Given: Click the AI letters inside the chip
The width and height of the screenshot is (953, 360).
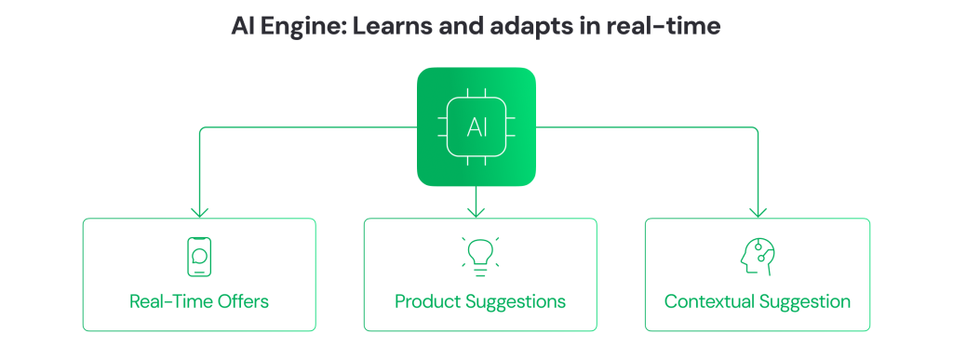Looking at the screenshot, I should click(x=476, y=127).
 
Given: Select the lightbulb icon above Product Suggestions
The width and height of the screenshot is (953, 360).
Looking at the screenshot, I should click(x=479, y=257).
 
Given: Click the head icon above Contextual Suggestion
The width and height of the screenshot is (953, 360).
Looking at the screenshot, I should click(x=757, y=256).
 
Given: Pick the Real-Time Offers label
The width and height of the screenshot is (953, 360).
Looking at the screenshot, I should click(x=198, y=301).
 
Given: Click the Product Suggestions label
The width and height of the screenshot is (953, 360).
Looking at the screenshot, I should click(x=479, y=301).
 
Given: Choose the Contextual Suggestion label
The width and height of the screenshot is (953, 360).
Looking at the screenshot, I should click(x=757, y=301).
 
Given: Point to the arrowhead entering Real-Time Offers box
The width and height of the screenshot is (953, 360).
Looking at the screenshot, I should click(x=198, y=212).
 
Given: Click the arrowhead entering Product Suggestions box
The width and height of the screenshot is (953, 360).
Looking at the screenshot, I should click(x=476, y=212).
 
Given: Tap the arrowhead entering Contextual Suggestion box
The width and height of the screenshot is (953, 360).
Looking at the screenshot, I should click(x=757, y=212).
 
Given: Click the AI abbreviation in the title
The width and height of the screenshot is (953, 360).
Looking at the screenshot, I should click(x=243, y=27).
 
